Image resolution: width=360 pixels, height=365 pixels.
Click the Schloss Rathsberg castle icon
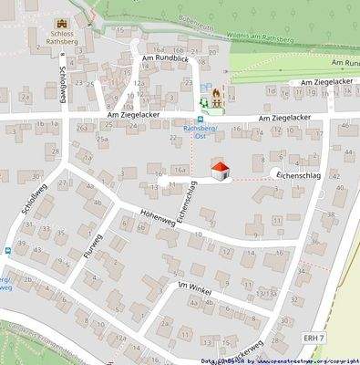(x=63, y=24)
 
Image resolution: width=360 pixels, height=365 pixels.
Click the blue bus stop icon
(x=201, y=119)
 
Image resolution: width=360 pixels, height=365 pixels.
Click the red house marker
(x=220, y=170)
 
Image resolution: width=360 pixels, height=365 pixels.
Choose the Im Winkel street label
(x=194, y=287)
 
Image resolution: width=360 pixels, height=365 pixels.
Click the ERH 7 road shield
(x=314, y=338)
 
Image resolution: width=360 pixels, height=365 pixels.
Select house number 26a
(x=83, y=129)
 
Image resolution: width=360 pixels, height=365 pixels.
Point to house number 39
(x=21, y=244)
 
